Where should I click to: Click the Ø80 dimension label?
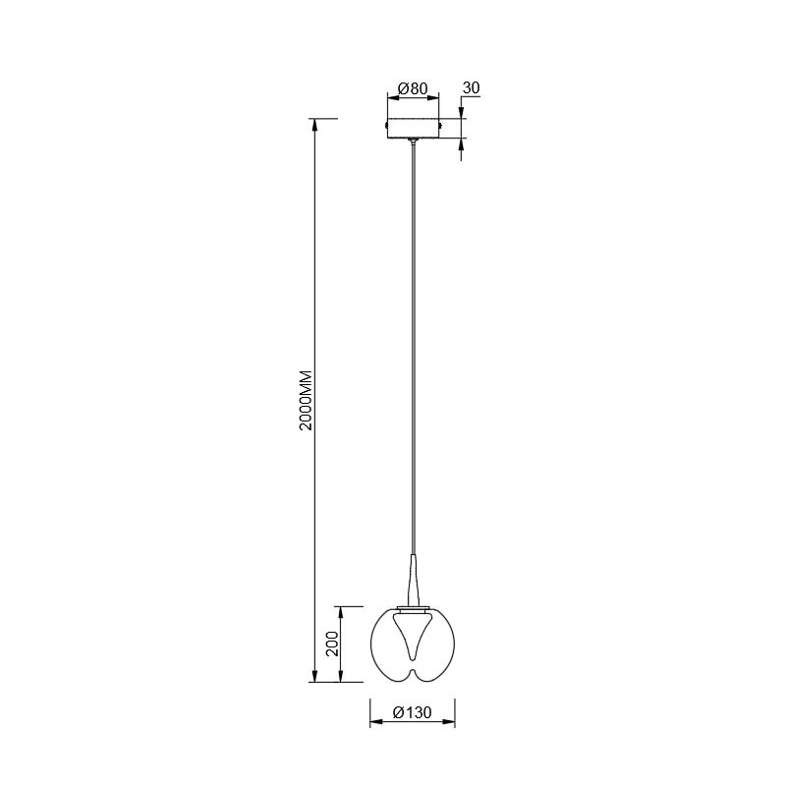click(x=413, y=88)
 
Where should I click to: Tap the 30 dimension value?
click(x=472, y=87)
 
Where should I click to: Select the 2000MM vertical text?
click(x=306, y=401)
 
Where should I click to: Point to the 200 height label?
click(x=332, y=644)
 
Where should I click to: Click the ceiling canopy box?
click(x=413, y=129)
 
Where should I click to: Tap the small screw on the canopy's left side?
click(x=385, y=124)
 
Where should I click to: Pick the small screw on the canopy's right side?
click(x=440, y=124)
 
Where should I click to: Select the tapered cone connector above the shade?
click(x=413, y=580)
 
